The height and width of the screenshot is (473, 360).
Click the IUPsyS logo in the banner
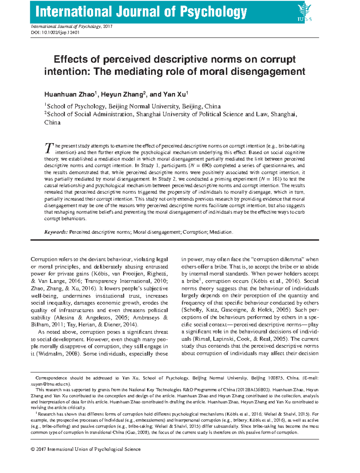click(x=304, y=12)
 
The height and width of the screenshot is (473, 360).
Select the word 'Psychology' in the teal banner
click(x=213, y=12)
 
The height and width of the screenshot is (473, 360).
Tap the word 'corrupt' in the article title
click(x=278, y=59)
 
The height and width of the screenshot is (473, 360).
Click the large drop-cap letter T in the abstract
click(x=48, y=148)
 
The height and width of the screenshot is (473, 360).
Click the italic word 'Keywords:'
click(x=56, y=232)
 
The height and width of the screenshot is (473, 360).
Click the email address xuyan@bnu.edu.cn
click(x=50, y=384)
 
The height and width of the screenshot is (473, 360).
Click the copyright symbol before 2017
click(x=33, y=449)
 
